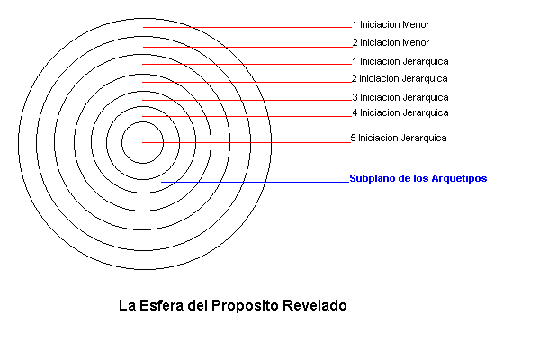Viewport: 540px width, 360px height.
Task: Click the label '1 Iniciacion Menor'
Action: coord(391,25)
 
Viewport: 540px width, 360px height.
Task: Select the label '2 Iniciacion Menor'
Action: coord(391,42)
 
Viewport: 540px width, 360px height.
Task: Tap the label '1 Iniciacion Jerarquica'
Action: coord(400,62)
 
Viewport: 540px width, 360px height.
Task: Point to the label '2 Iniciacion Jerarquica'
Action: coord(400,79)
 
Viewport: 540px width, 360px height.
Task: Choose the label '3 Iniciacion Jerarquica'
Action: coord(400,98)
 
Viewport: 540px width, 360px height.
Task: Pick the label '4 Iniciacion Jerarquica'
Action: coord(400,113)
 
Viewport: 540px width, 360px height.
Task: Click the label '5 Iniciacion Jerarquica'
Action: coord(399,138)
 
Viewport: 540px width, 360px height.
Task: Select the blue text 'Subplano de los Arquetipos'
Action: coord(418,179)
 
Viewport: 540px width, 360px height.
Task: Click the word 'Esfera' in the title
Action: coord(161,306)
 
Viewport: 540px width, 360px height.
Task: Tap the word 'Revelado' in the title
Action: coord(315,306)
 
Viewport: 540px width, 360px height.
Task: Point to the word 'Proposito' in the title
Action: coord(245,306)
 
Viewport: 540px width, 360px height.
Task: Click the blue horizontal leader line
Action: coord(256,182)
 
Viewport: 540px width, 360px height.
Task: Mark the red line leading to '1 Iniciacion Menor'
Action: coord(247,27)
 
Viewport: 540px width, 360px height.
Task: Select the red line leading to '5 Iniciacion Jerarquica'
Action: coord(247,142)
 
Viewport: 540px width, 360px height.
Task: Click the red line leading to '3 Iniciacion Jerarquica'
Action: coord(247,100)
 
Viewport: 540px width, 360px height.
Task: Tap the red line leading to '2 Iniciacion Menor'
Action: coord(247,47)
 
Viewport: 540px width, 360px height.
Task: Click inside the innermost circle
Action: coord(142,151)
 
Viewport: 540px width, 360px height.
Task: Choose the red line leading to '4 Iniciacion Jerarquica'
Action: coord(247,116)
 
